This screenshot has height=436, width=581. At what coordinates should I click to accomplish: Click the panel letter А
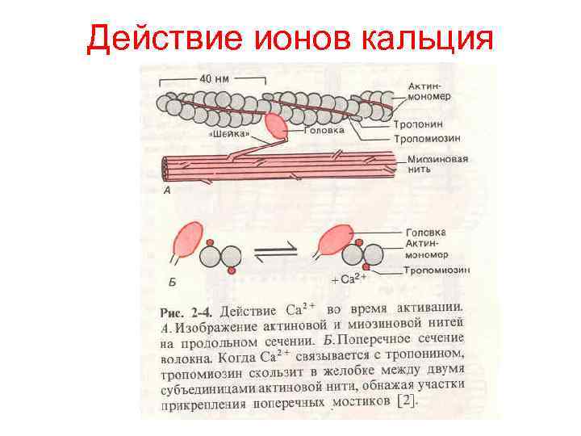pyautogui.click(x=166, y=191)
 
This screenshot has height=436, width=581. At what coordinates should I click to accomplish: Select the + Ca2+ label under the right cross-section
pyautogui.click(x=349, y=279)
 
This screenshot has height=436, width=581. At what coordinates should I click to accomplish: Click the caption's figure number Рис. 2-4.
pyautogui.click(x=186, y=311)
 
